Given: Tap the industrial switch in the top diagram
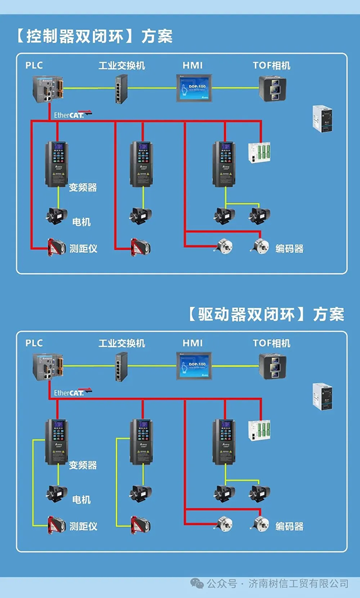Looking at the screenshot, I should point(122,90).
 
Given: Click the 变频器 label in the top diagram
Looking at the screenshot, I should point(83,187).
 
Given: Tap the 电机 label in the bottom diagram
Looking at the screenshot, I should point(81,499).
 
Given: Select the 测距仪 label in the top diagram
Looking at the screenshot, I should point(83,248).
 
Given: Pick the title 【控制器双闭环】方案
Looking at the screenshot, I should point(92,36).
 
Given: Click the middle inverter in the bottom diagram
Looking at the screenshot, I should point(142,441).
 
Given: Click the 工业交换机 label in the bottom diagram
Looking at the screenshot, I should point(122,343).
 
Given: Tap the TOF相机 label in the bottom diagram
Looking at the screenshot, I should point(271,343).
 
